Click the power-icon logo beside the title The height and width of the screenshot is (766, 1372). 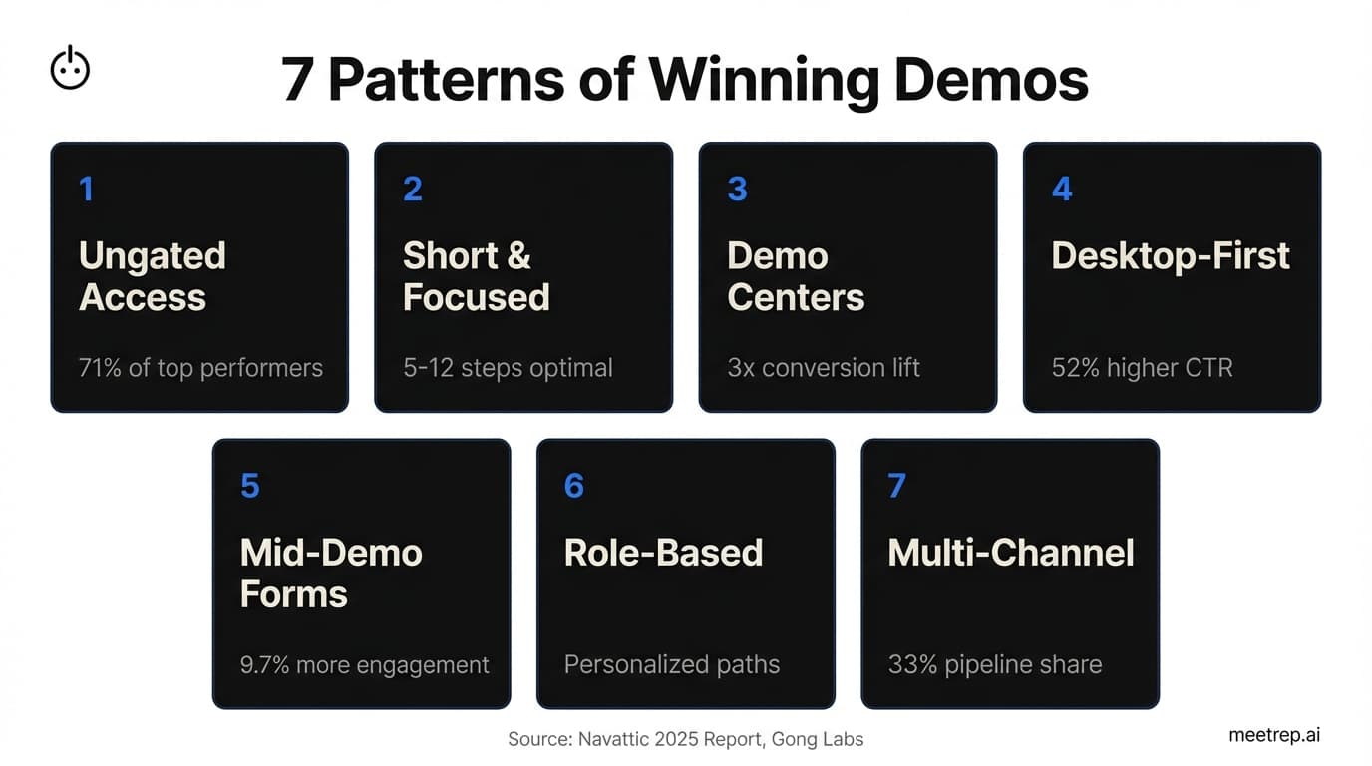[70, 69]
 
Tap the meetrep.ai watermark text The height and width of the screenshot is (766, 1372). [1274, 735]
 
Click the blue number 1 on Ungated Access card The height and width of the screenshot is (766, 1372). [87, 189]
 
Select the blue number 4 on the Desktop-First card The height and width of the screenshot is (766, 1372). [1062, 189]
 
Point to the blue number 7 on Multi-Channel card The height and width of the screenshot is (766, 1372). [896, 486]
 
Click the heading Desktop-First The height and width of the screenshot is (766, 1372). [1171, 256]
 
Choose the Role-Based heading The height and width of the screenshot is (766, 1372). [663, 553]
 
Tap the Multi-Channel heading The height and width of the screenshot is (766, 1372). [1011, 553]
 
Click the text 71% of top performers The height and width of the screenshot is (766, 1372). [200, 368]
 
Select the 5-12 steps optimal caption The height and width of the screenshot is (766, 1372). [508, 368]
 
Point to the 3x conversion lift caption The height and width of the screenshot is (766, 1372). [824, 368]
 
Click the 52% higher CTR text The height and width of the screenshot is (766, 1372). [1142, 368]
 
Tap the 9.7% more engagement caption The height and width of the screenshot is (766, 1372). [365, 665]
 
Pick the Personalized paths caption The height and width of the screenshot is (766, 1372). [672, 665]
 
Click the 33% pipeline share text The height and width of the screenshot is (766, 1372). [995, 665]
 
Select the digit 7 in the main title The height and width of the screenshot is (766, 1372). [296, 80]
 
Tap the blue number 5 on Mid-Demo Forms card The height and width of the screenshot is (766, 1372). [249, 486]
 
